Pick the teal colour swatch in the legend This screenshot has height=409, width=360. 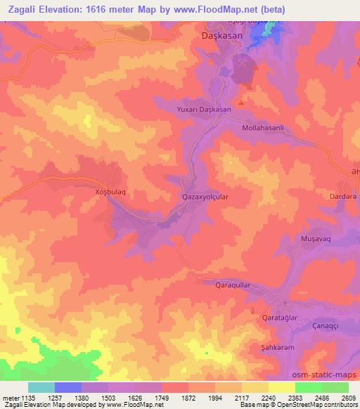pos(41,387)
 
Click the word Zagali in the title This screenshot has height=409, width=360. pos(25,10)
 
